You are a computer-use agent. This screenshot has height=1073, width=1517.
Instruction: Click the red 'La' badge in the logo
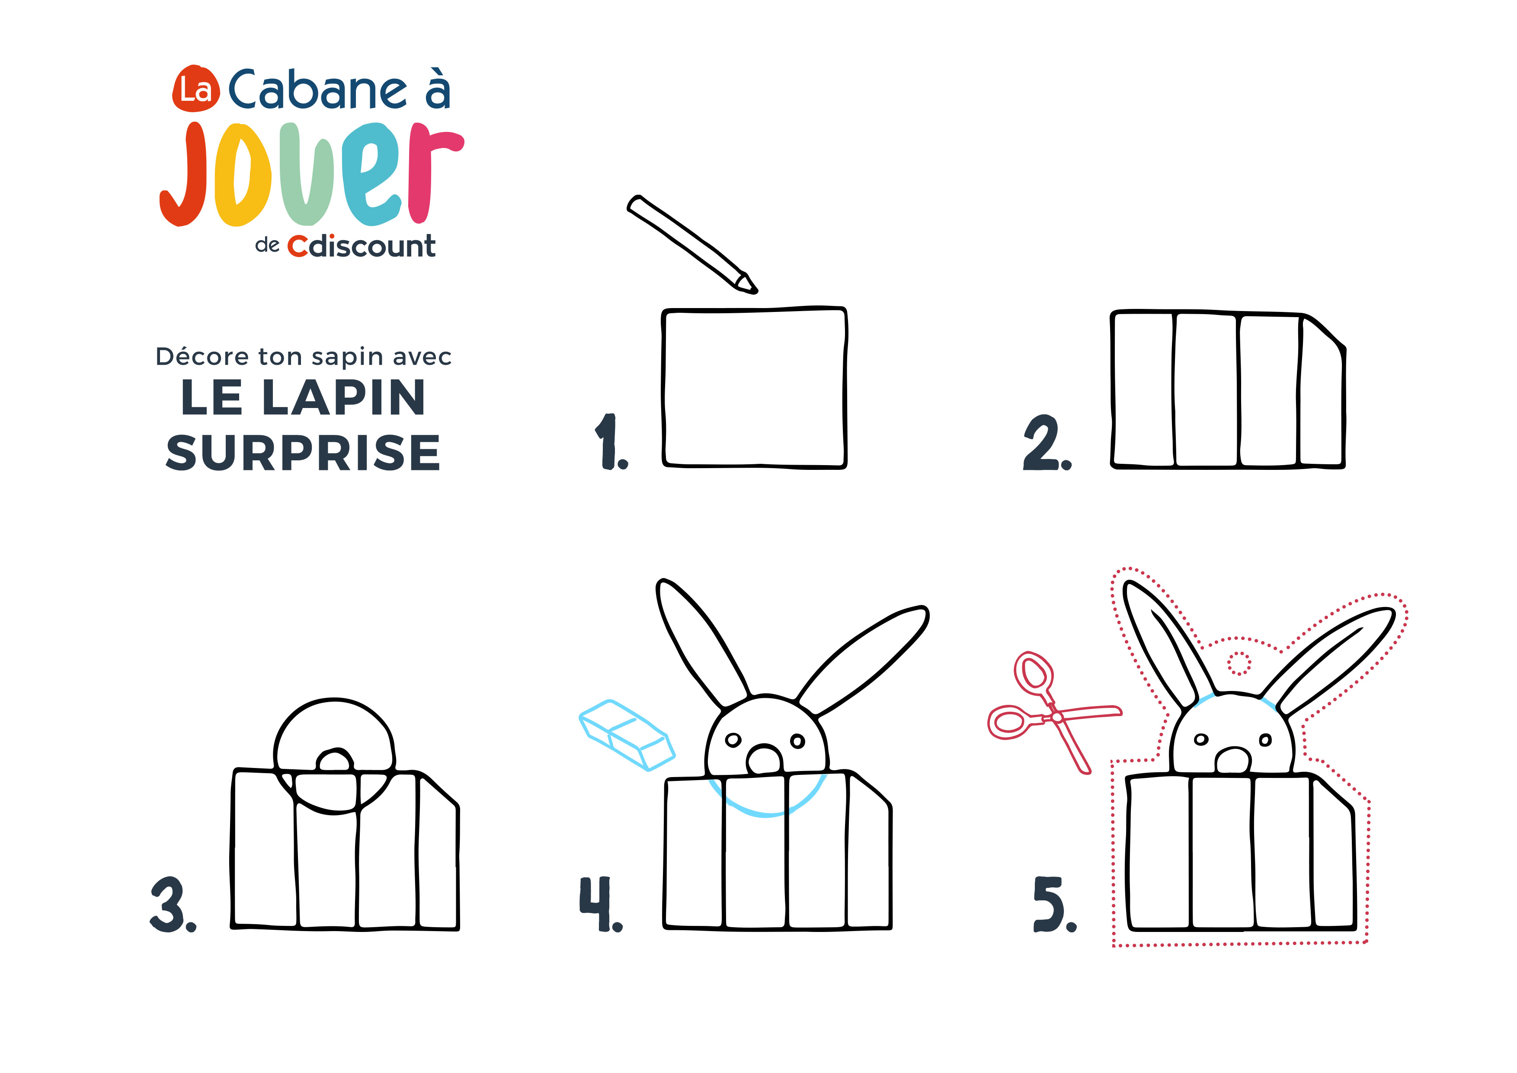coord(195,89)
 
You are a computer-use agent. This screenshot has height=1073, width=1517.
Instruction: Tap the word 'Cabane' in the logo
coord(318,90)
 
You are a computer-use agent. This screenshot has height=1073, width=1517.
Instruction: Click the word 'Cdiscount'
coord(362,246)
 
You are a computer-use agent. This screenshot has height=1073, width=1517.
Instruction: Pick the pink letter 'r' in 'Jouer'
coord(435,173)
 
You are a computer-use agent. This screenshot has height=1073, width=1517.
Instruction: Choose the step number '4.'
coord(601,904)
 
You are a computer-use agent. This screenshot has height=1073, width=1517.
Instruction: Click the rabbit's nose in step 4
coord(765,759)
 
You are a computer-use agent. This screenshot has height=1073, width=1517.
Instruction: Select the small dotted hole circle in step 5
coord(1239,663)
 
